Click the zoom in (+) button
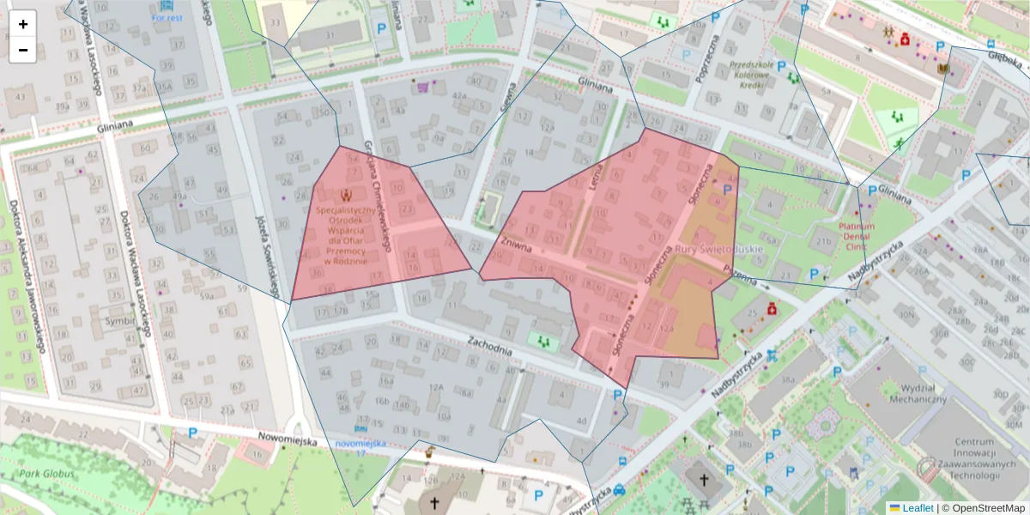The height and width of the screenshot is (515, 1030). click(23, 24)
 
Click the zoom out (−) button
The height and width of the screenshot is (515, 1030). click(23, 50)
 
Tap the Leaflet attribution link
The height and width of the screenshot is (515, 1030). click(917, 508)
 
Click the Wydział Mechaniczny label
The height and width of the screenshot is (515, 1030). click(912, 393)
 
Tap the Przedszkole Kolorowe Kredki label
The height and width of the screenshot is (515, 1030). click(758, 75)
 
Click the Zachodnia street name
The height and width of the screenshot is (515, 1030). click(489, 344)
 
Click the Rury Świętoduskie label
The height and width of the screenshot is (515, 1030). click(719, 249)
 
